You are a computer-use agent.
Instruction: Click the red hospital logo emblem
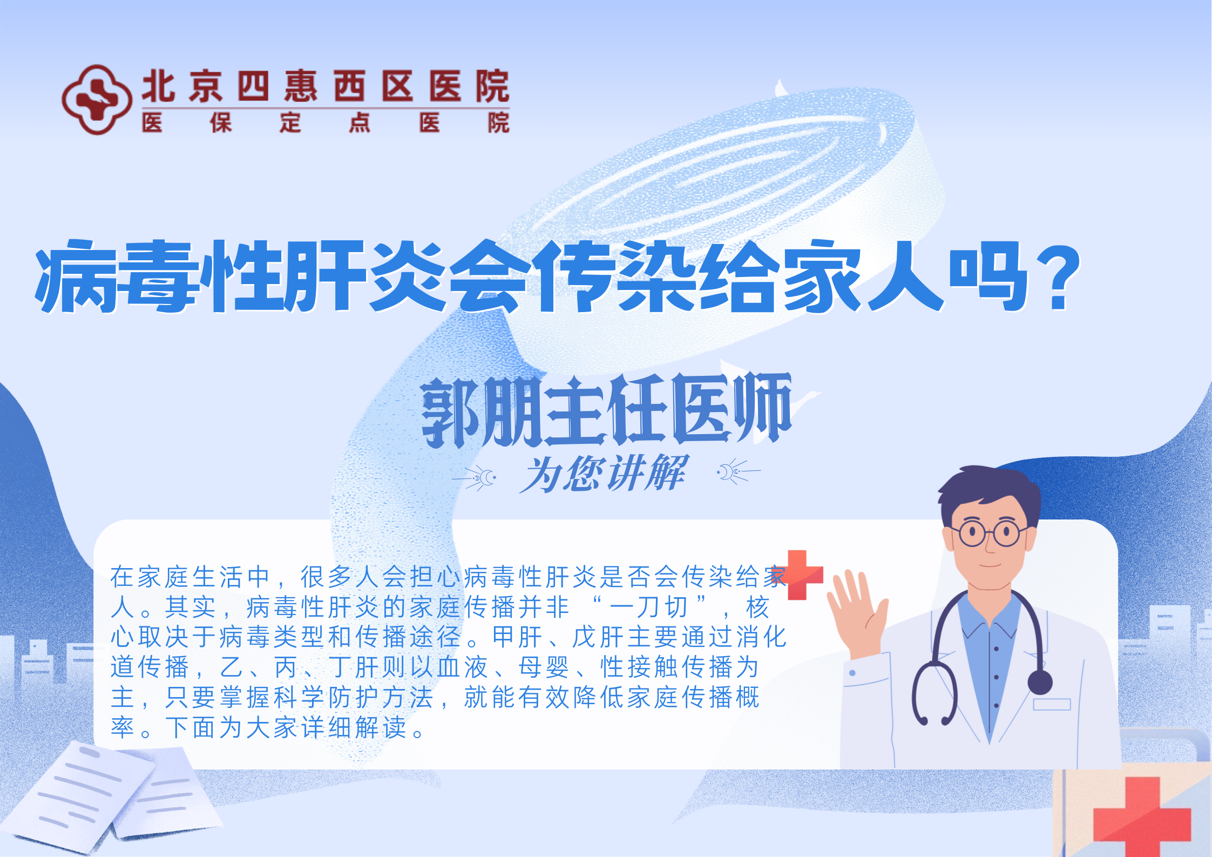[x=97, y=100]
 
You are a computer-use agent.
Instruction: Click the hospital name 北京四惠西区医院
[x=326, y=86]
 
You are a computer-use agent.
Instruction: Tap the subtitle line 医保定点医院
[x=326, y=123]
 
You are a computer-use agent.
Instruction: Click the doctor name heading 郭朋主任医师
[x=606, y=410]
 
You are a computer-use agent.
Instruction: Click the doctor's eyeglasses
[x=987, y=534]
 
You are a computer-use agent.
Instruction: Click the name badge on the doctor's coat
[x=1052, y=704]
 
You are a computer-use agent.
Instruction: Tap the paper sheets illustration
[x=108, y=794]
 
